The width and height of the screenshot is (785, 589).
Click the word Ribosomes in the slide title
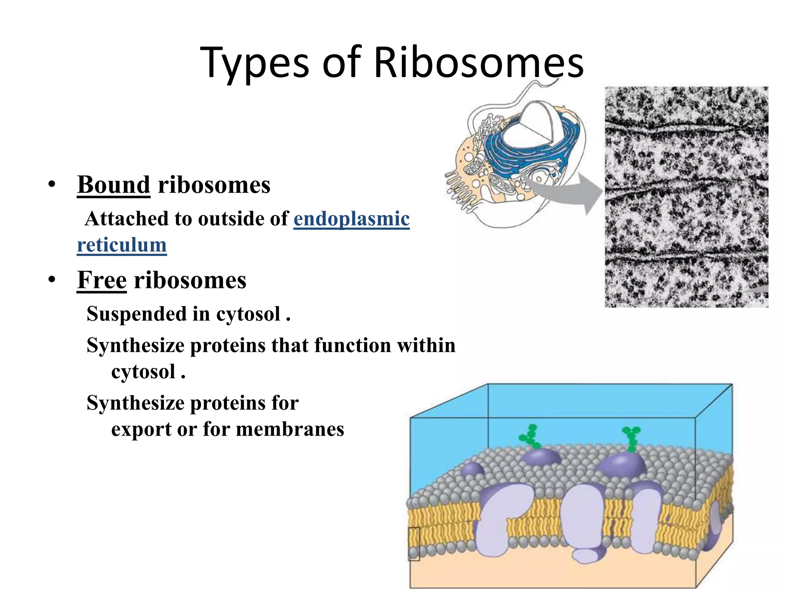tap(478, 63)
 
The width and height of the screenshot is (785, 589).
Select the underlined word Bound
tap(113, 185)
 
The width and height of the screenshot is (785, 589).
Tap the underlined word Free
tap(102, 280)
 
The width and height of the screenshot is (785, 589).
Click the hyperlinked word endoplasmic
tap(351, 219)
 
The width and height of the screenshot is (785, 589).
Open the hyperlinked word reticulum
tap(122, 245)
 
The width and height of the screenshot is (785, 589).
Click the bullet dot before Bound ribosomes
tap(52, 185)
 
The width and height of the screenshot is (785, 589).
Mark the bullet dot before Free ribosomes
tap(52, 280)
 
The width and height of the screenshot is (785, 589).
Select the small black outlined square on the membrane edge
tap(414, 544)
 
